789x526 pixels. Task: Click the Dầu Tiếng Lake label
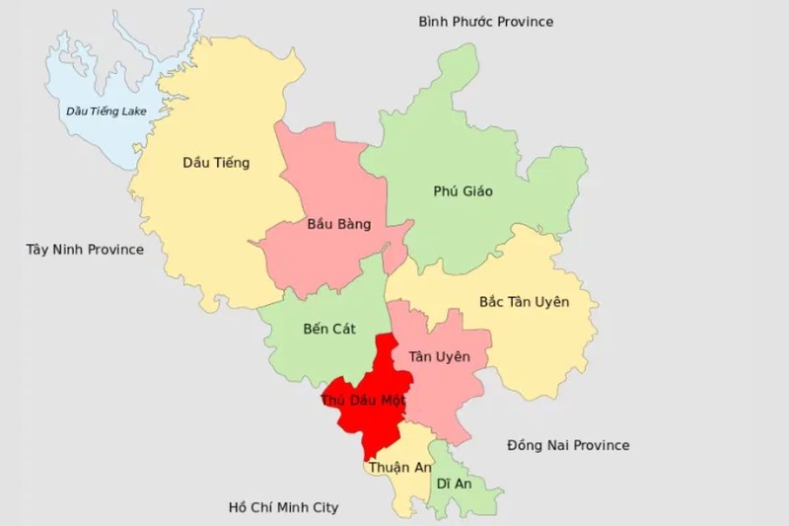coord(106,111)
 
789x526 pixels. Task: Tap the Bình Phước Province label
coord(485,22)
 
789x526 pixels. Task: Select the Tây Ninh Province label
coord(85,250)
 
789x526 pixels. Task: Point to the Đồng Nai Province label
coord(568,445)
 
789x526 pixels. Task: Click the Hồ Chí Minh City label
coord(283,507)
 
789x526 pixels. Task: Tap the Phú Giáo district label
coord(463,190)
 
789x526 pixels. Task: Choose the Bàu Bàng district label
coord(338,224)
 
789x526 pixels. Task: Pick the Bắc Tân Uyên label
coord(524,301)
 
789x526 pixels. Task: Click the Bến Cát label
coord(329,328)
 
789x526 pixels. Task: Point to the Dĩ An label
coord(455,484)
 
